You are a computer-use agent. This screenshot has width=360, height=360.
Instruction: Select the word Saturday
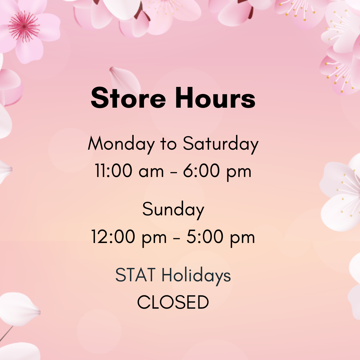[221, 144]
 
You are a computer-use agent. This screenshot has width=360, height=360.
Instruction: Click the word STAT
[135, 276]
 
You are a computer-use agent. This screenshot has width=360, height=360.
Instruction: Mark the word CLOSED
[173, 302]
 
